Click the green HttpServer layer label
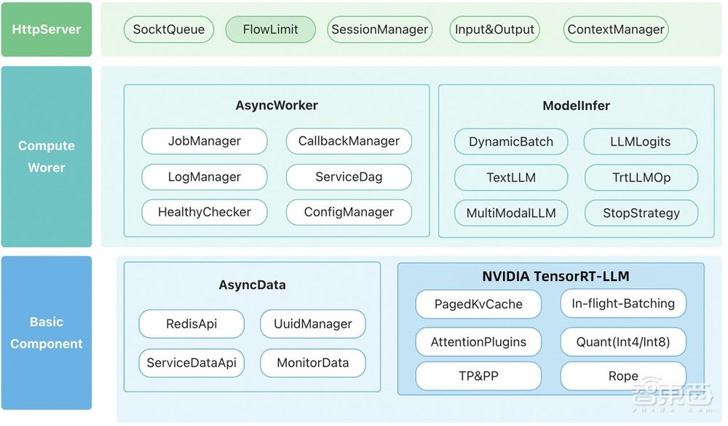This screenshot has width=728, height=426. pyautogui.click(x=47, y=30)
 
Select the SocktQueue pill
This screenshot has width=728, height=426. pyautogui.click(x=169, y=30)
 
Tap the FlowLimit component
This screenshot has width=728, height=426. pyautogui.click(x=270, y=30)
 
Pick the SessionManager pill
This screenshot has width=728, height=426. pyautogui.click(x=379, y=30)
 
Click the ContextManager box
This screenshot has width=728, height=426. pyautogui.click(x=615, y=30)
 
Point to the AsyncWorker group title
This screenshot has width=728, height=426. pyautogui.click(x=277, y=105)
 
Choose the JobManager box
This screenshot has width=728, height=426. pyautogui.click(x=204, y=141)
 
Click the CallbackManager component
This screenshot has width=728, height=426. pyautogui.click(x=349, y=141)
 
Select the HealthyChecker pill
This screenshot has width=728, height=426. pyautogui.click(x=204, y=213)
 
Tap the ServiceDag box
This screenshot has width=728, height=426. pyautogui.click(x=349, y=177)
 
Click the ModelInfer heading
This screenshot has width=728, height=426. pyautogui.click(x=576, y=106)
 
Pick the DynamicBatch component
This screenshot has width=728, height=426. pyautogui.click(x=510, y=142)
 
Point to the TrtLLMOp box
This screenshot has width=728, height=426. pyautogui.click(x=641, y=178)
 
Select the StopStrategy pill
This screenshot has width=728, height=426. pyautogui.click(x=641, y=213)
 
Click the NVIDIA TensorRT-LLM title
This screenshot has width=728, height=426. pyautogui.click(x=555, y=276)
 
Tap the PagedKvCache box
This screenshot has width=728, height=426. pyautogui.click(x=478, y=304)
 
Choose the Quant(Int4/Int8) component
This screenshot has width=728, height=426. pyautogui.click(x=622, y=342)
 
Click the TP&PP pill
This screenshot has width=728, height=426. pyautogui.click(x=478, y=376)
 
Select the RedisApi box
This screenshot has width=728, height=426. pyautogui.click(x=192, y=324)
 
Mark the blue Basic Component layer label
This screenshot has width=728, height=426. pyautogui.click(x=47, y=333)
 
